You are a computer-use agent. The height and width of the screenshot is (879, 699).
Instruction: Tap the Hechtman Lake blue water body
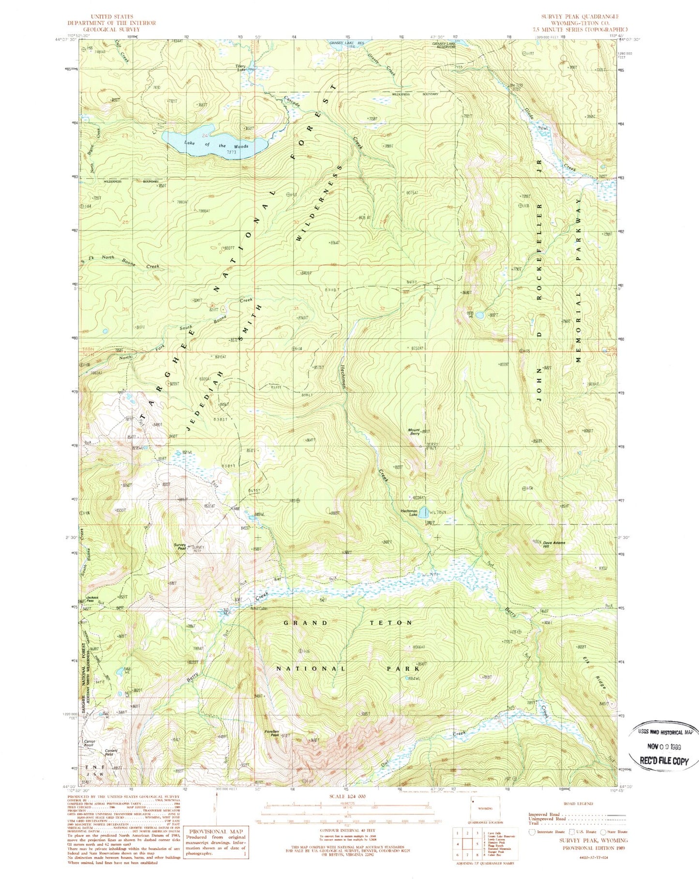[x=423, y=512]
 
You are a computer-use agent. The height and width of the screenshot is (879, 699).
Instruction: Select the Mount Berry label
[x=414, y=432]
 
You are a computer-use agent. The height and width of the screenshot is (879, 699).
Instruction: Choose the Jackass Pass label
[x=92, y=598]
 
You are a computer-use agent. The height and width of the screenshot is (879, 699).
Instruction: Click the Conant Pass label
[x=112, y=753]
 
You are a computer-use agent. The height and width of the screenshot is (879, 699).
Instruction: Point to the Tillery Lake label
[x=241, y=68]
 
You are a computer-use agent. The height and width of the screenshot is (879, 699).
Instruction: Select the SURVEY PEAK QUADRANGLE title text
[x=580, y=16]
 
